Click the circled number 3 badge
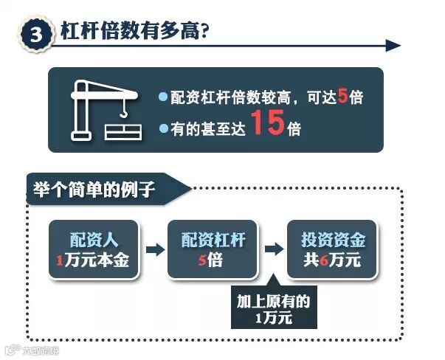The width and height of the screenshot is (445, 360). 35,34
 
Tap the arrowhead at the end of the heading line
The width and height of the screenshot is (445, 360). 393,46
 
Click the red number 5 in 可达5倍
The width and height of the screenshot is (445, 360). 341,96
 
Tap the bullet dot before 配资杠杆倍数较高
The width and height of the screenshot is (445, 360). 164,97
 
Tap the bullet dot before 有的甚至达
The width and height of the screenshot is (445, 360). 164,128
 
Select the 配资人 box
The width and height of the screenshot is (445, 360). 93,249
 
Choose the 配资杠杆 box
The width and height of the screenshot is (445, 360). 213,249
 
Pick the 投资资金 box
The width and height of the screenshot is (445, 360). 333,249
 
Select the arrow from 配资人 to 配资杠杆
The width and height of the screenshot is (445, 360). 153,249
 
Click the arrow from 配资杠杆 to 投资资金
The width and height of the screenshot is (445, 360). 273,249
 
